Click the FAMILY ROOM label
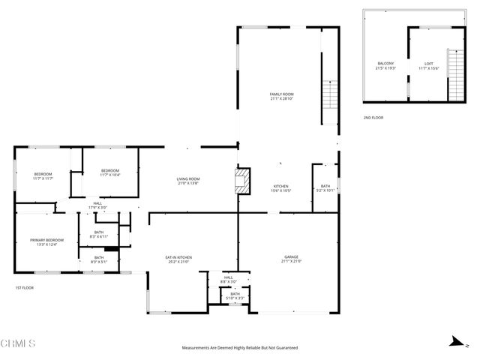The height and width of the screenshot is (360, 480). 281,96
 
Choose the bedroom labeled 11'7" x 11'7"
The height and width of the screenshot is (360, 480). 42,176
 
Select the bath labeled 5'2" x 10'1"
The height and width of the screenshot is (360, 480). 325,188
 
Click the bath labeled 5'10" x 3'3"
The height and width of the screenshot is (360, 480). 235,296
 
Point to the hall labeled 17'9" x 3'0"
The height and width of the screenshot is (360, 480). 97,205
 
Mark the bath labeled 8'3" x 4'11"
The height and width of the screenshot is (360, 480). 100,235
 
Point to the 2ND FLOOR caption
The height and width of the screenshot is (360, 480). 373,118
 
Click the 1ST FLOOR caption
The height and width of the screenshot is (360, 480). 24,287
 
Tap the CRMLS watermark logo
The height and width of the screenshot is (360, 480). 19,343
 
